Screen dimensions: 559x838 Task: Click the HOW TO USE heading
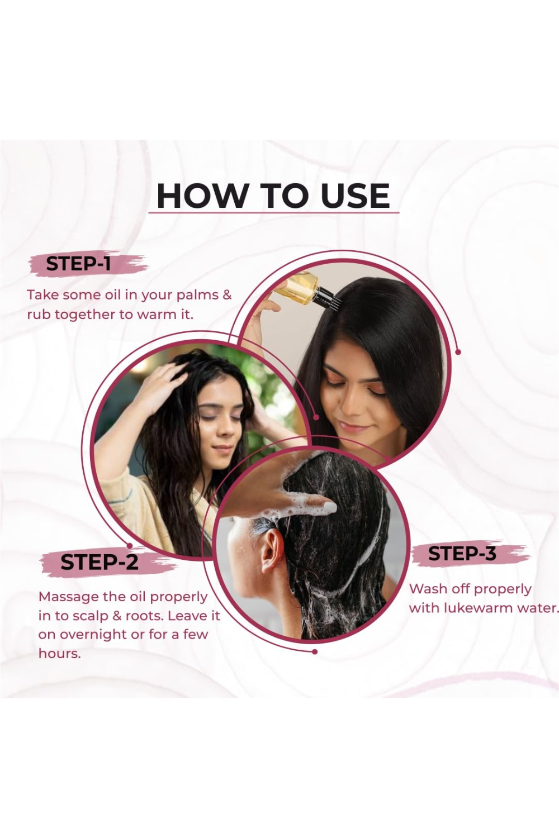pos(273,196)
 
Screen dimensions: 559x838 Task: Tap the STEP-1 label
pos(78,264)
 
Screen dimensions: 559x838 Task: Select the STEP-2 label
pos(99,561)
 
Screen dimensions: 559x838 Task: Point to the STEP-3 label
pos(462,554)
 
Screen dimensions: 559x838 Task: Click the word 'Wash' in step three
pos(427,589)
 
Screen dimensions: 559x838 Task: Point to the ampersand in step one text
pos(228,295)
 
